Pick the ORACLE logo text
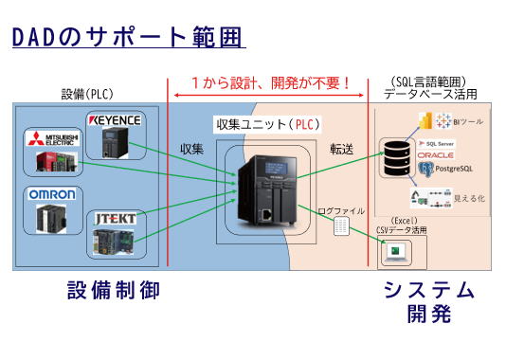(x=435, y=154)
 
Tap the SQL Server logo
(x=435, y=142)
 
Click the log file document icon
(x=341, y=226)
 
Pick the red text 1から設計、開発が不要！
(x=271, y=82)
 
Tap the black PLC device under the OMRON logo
(x=48, y=221)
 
